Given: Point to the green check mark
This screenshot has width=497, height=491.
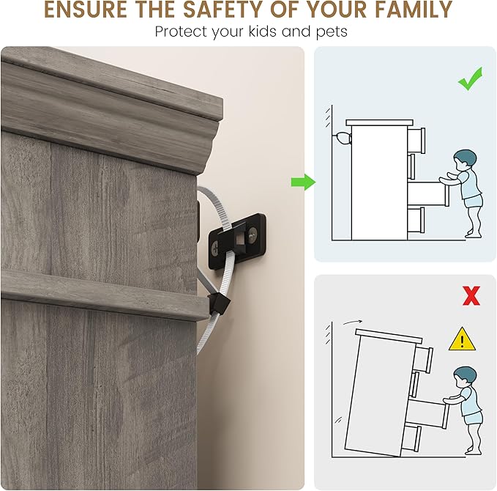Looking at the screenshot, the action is (470, 78).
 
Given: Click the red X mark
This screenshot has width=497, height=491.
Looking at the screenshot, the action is (471, 295).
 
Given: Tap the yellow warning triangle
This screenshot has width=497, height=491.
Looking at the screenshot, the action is (462, 339).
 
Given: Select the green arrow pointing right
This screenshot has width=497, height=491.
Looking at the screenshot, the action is (303, 182).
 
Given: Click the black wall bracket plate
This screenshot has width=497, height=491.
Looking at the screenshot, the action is (237, 241).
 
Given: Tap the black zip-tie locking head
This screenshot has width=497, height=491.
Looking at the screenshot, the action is (218, 303).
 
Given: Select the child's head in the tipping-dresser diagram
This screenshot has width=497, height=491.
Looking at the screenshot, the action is (465, 377).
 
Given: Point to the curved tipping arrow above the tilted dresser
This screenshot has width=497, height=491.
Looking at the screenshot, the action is (353, 322).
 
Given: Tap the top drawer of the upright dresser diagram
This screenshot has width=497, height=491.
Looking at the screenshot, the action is (416, 140).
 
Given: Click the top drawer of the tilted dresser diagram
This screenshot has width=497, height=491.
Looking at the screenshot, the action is (424, 359).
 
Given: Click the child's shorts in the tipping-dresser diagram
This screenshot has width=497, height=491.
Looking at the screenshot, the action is (474, 418).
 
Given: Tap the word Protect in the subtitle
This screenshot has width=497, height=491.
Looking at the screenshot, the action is (181, 32).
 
